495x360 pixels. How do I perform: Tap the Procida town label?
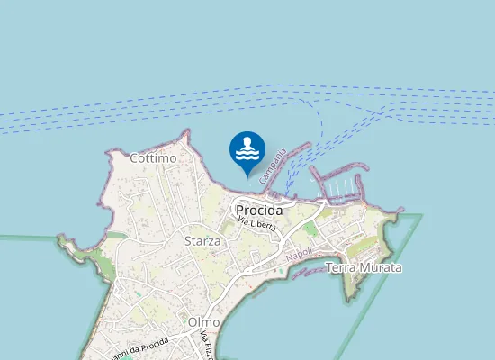click(258, 211)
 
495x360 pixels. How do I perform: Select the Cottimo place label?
click(151, 158)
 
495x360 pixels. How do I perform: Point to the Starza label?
click(202, 241)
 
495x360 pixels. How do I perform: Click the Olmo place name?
click(204, 321)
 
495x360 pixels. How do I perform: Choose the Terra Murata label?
click(364, 267)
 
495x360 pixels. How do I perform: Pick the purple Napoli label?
click(298, 256)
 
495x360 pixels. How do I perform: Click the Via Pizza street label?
click(205, 346)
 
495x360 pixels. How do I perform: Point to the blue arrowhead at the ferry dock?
click(286, 190)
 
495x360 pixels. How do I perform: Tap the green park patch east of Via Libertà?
click(310, 230)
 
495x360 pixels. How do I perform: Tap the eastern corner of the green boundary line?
click(421, 215)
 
